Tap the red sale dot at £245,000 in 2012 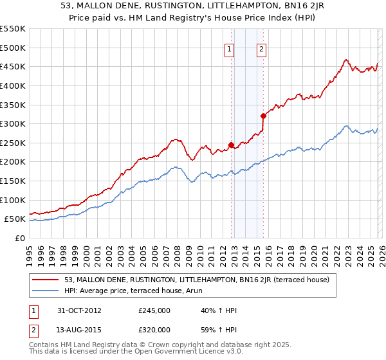[232, 145]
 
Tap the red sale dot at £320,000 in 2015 [263, 116]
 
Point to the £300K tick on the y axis [14, 123]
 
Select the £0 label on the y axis [21, 238]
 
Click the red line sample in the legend [47, 280]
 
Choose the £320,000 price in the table [154, 330]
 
